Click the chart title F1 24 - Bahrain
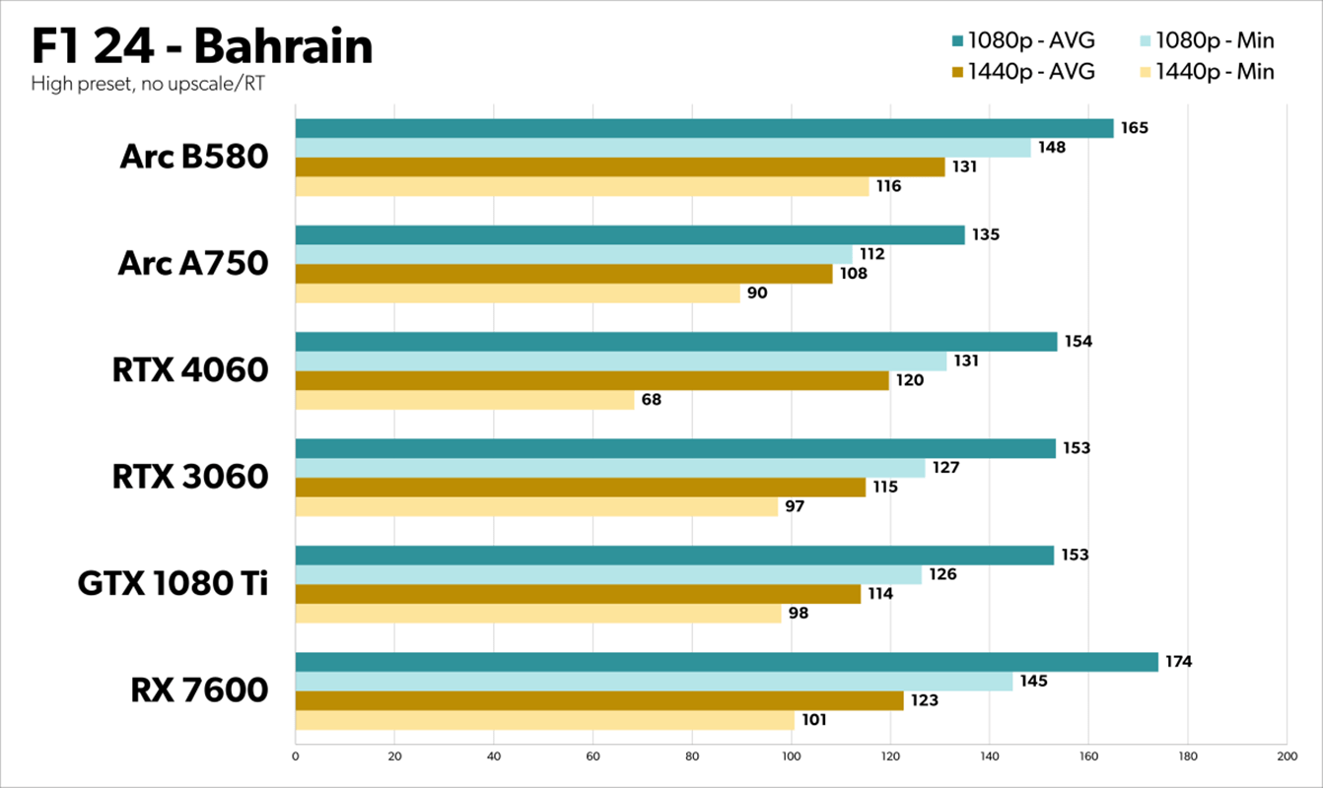[x=202, y=46]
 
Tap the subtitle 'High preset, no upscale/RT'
[x=148, y=84]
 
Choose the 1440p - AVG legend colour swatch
[x=957, y=72]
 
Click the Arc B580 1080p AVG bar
[x=704, y=128]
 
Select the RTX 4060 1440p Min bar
[x=464, y=400]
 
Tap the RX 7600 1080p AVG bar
[x=727, y=662]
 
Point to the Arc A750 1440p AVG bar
[x=563, y=274]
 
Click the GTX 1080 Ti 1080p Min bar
[x=608, y=574]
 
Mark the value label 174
[x=1178, y=662]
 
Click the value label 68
[x=651, y=400]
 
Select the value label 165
[x=1134, y=128]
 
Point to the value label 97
[x=795, y=506]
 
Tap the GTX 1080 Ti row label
[x=173, y=584]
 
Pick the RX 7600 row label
[x=199, y=690]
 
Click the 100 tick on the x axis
[x=791, y=756]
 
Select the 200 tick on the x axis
[x=1286, y=756]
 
